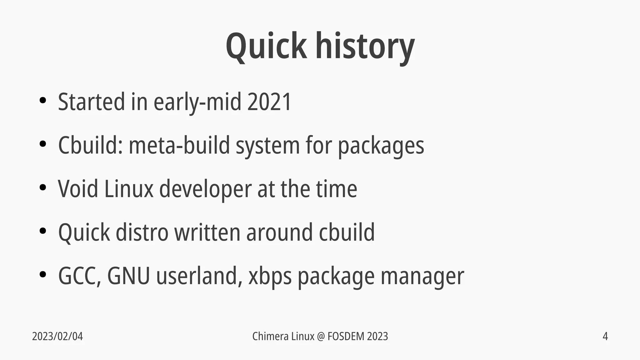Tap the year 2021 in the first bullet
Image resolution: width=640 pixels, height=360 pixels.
(269, 102)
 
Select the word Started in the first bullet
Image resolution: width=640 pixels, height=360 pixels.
(92, 102)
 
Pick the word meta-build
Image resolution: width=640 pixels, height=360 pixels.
(179, 145)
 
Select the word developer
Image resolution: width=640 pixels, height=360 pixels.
(205, 189)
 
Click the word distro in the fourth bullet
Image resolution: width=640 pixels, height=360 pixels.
(142, 232)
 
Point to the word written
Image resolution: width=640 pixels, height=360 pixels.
(207, 232)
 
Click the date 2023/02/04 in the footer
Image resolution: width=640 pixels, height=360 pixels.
(57, 337)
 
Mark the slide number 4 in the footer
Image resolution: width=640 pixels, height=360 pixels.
(605, 337)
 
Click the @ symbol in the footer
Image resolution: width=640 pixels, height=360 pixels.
(321, 337)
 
